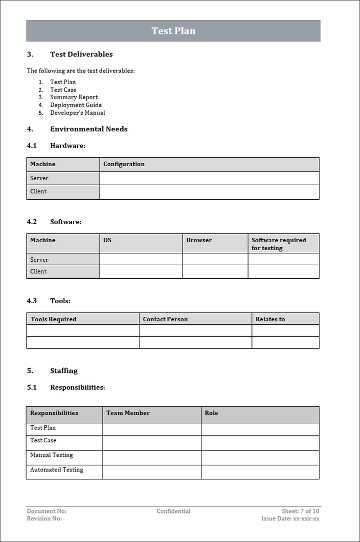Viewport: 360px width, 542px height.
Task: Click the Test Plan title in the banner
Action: pos(173,31)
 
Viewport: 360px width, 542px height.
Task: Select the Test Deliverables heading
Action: pos(81,55)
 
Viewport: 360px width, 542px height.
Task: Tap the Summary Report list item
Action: pos(73,97)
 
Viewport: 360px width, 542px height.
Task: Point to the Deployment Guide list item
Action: pos(75,105)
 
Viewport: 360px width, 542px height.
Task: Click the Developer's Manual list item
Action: pos(77,113)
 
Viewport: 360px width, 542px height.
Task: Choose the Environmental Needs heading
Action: pos(88,129)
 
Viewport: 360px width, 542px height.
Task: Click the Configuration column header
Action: pos(124,164)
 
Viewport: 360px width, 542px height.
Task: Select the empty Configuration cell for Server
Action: pos(209,178)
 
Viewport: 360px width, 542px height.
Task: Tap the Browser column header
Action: pos(199,240)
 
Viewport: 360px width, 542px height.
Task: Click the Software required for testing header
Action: pos(278,244)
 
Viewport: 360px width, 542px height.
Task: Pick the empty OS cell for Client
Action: pos(141,272)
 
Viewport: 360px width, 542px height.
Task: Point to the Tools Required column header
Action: pos(53,319)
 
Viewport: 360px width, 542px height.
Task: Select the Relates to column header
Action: pos(270,319)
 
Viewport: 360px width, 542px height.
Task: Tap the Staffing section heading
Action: pos(63,371)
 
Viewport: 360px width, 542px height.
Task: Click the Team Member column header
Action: pos(128,413)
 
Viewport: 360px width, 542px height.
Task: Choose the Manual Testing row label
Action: pos(51,455)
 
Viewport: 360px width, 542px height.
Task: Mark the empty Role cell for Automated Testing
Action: pos(260,471)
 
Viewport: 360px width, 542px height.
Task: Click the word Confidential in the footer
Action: pos(173,511)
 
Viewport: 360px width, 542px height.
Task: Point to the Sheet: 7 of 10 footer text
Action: pos(300,511)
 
